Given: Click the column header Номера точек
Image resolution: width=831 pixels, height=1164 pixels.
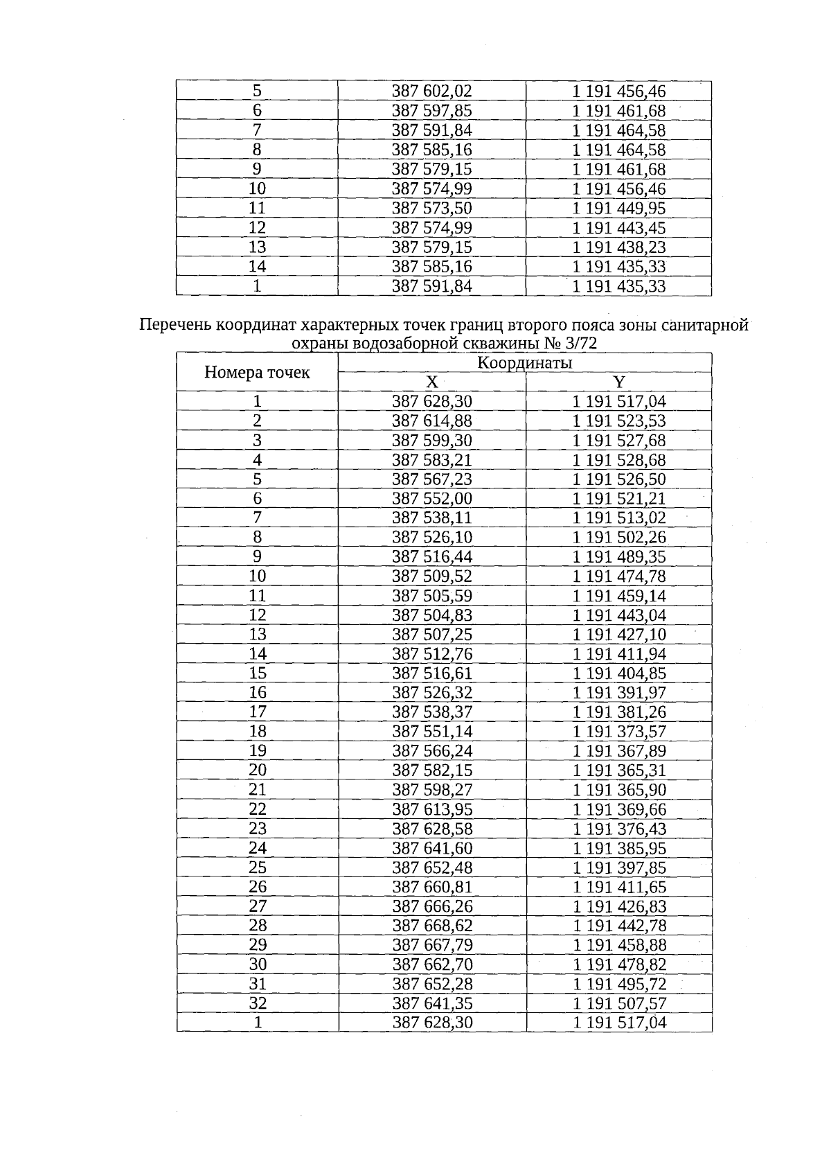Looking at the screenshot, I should coord(257,373).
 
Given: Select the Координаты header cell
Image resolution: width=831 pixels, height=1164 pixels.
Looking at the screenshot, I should coord(525,362).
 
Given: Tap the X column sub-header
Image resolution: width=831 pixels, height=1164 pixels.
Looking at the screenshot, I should coord(431,382).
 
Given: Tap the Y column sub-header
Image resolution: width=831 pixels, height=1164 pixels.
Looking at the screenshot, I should coord(619,382).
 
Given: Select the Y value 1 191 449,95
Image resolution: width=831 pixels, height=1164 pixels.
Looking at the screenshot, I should coord(619,208).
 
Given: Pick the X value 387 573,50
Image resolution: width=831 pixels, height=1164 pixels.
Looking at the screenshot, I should coord(431,208).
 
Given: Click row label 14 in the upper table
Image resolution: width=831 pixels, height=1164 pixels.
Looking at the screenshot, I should coord(257,266).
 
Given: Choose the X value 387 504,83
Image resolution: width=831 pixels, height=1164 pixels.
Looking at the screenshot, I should coord(431,615).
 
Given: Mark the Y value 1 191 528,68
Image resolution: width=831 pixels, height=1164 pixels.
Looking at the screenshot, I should coord(619,459).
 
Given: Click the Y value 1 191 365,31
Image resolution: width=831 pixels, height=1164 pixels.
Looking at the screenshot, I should coord(619,770).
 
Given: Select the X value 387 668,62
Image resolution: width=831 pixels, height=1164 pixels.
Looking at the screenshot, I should coord(431,925).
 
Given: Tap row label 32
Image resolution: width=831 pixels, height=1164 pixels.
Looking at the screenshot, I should coord(257,1003).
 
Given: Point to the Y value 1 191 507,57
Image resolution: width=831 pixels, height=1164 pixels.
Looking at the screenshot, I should coord(619,1003).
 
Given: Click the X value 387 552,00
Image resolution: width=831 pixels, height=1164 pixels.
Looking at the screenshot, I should coord(431,498).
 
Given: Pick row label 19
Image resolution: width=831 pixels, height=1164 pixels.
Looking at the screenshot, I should coord(257,750).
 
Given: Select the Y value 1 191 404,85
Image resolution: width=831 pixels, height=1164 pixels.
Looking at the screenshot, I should coord(619,673).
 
